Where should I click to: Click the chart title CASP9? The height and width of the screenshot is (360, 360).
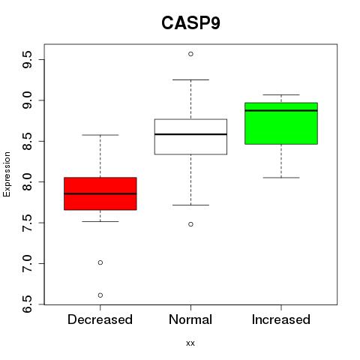click(190, 23)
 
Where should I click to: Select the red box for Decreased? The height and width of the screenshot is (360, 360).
click(100, 193)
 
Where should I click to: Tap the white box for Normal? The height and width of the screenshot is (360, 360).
click(190, 136)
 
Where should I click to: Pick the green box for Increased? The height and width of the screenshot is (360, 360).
click(281, 124)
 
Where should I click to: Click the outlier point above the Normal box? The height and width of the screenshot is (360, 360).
click(190, 54)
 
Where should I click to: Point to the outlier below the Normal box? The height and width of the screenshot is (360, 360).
click(190, 224)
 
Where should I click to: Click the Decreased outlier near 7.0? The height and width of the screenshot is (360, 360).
click(100, 262)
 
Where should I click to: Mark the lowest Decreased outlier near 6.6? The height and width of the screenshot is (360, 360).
click(100, 295)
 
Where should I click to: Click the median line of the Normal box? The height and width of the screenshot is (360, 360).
click(190, 134)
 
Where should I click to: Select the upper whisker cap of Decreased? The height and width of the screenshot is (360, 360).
click(100, 135)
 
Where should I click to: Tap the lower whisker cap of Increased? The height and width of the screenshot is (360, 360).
click(281, 178)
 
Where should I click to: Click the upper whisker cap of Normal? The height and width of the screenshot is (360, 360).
click(190, 79)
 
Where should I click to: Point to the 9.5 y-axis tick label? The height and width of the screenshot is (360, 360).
click(27, 59)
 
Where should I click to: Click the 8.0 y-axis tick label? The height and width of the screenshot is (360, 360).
click(27, 181)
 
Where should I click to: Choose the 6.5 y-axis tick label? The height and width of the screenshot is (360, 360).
click(27, 304)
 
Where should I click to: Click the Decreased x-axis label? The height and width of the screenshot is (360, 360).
click(100, 319)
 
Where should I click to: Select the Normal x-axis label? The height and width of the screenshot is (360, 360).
click(190, 319)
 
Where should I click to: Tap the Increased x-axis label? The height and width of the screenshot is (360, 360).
click(281, 319)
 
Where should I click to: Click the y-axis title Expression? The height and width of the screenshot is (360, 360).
click(7, 174)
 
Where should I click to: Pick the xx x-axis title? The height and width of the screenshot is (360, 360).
click(190, 343)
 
